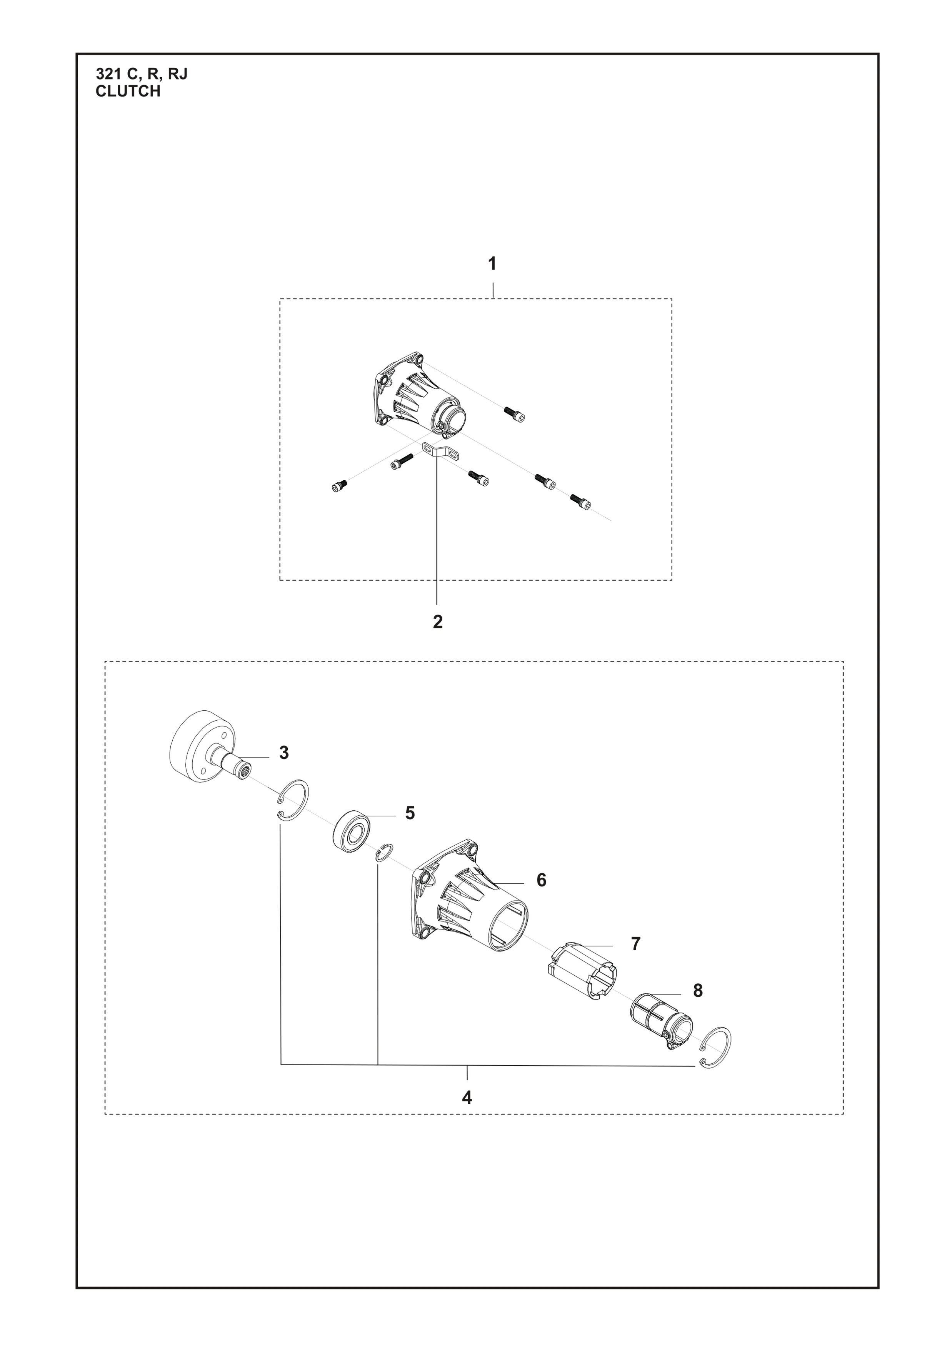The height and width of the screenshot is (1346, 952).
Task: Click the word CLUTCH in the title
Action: [128, 92]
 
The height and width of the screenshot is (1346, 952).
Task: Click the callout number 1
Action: [492, 265]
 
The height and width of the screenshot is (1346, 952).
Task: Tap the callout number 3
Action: [284, 753]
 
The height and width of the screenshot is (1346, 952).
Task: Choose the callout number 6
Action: [541, 896]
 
